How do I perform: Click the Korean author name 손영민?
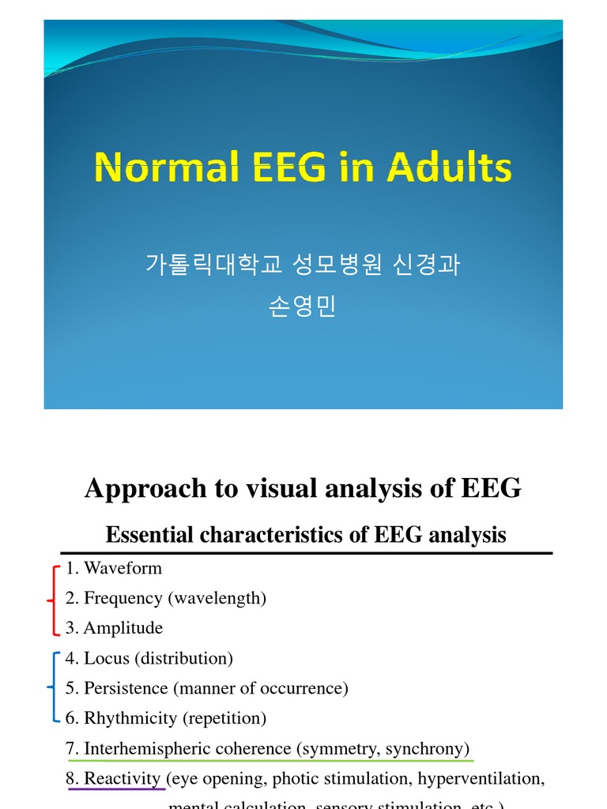coord(303,306)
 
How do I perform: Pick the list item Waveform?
coord(123,568)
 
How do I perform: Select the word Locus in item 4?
coord(104,658)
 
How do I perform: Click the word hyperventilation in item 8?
coord(481,778)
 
